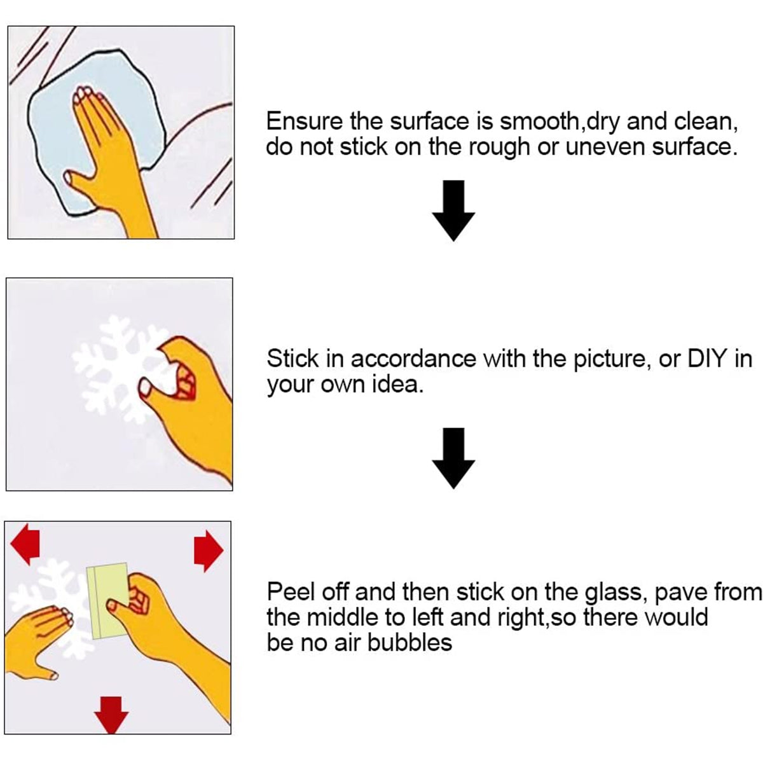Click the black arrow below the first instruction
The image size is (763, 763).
453,210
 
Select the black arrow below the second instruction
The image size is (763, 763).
453,458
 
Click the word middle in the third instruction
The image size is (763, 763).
343,617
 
